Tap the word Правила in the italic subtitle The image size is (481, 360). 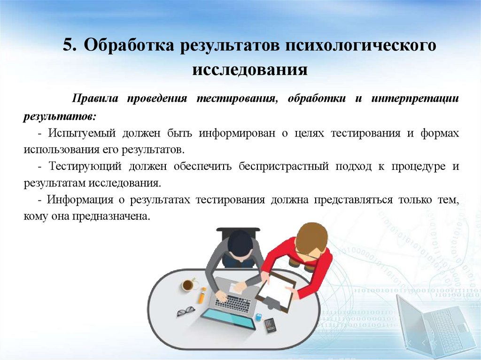tap(92, 99)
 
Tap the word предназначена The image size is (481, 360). tap(110, 217)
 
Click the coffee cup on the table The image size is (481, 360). tap(188, 284)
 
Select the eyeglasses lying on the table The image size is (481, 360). tap(186, 311)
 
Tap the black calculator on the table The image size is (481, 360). tap(270, 324)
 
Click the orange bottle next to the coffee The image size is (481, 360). tap(202, 295)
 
